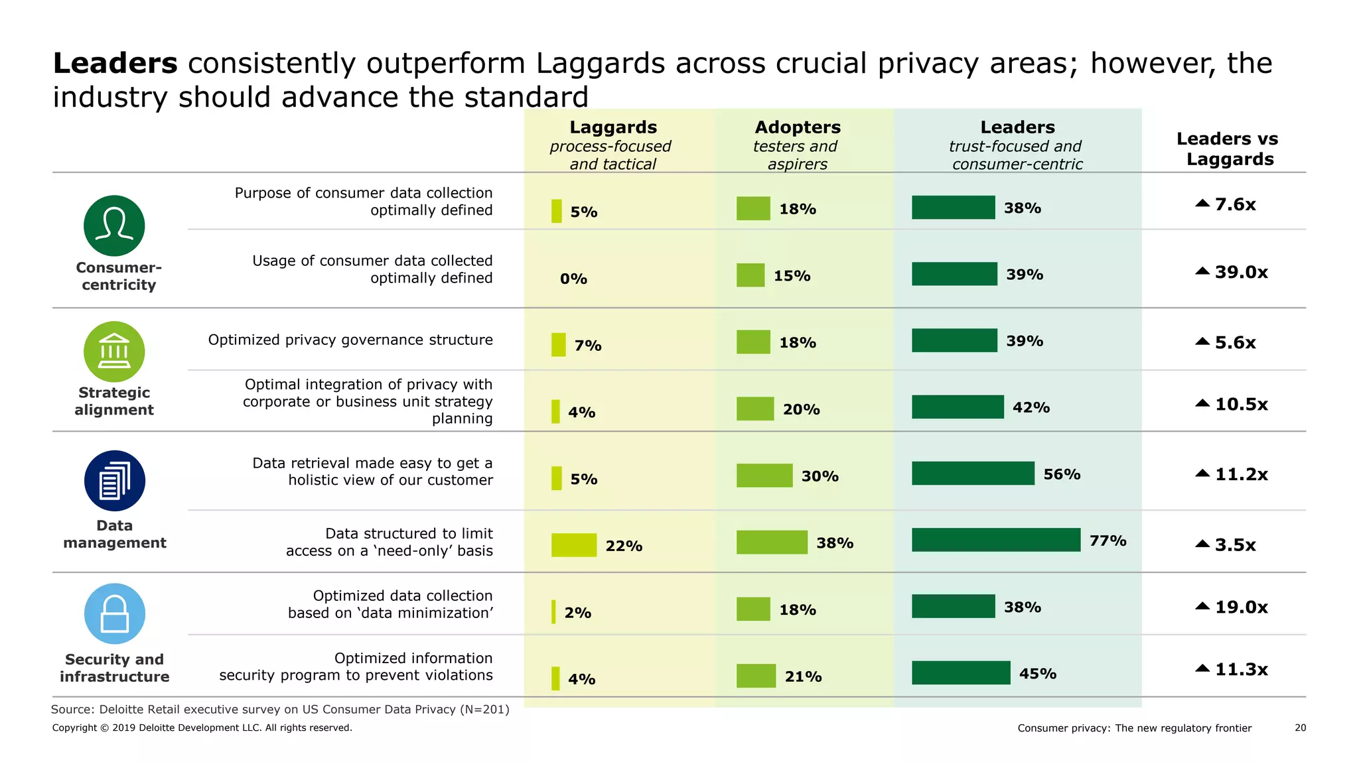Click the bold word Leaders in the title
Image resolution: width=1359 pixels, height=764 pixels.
115,64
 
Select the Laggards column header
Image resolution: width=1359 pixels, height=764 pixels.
612,127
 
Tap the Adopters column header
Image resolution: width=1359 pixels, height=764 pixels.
797,127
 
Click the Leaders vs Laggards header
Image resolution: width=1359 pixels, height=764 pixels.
1227,149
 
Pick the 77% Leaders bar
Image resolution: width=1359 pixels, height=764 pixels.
995,540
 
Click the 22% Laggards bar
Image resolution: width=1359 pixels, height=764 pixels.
573,545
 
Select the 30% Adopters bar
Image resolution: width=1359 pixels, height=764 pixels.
764,476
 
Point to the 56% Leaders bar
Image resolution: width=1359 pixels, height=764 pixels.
972,474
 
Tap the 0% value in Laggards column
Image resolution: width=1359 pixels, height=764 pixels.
573,279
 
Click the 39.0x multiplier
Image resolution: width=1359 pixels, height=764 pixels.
1240,273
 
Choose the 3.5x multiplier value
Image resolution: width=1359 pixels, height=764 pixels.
1234,545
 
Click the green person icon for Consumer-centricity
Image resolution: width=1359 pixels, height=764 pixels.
114,225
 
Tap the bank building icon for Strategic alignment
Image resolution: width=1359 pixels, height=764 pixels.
114,351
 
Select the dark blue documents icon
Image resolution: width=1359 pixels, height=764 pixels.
114,481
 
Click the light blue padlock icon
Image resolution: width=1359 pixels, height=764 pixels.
114,613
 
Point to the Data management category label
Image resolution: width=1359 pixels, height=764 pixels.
114,534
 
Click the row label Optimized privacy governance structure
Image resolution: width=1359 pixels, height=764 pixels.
350,340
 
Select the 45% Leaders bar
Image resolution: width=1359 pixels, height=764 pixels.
960,672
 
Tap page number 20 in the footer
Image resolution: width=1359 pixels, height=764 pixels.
1300,728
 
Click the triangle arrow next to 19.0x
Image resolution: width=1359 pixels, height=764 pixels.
1202,606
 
